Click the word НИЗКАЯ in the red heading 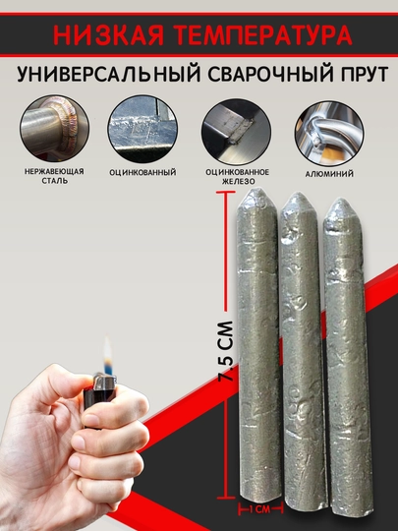coord(108,34)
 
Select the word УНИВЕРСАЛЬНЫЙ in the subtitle coord(109,74)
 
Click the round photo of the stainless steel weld coord(54,129)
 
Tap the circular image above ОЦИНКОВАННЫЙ coord(142,129)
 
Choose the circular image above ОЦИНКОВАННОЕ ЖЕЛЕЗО coord(237,132)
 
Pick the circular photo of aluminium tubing coord(329,133)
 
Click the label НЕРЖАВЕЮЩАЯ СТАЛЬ coord(54,176)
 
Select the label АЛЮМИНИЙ coord(329,174)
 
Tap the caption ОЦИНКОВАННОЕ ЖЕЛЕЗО coord(238,177)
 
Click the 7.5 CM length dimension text coord(225,351)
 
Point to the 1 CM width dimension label coord(259,509)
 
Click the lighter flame coord(107,355)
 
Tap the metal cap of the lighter coord(105,382)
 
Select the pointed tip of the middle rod coord(299,194)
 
